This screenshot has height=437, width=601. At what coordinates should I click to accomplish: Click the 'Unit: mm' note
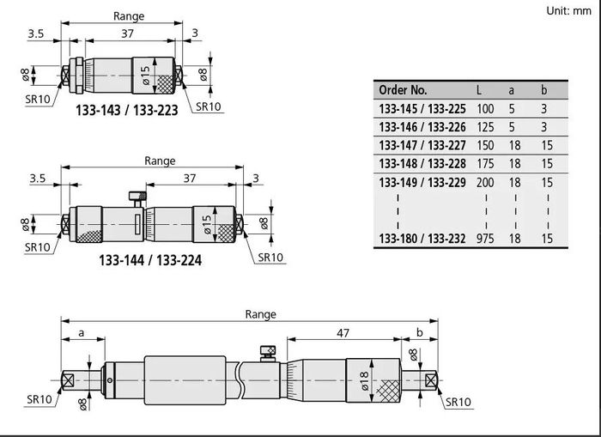pos(568,11)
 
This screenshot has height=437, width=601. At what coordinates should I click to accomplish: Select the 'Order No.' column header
pos(403,90)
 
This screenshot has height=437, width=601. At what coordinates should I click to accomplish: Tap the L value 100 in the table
pos(485,109)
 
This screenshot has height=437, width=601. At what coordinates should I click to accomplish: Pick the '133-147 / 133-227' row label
pos(422,145)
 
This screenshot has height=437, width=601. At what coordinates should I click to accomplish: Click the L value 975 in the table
pos(485,239)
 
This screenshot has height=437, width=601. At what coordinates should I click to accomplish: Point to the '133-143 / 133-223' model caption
pos(127,111)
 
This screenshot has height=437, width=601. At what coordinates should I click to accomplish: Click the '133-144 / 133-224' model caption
pos(150,260)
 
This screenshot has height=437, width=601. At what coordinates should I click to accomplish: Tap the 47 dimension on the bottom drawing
pos(343,333)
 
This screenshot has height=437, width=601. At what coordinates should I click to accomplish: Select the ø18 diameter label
pos(365,380)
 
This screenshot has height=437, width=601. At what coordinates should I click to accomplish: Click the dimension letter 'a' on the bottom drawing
pos(82,333)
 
